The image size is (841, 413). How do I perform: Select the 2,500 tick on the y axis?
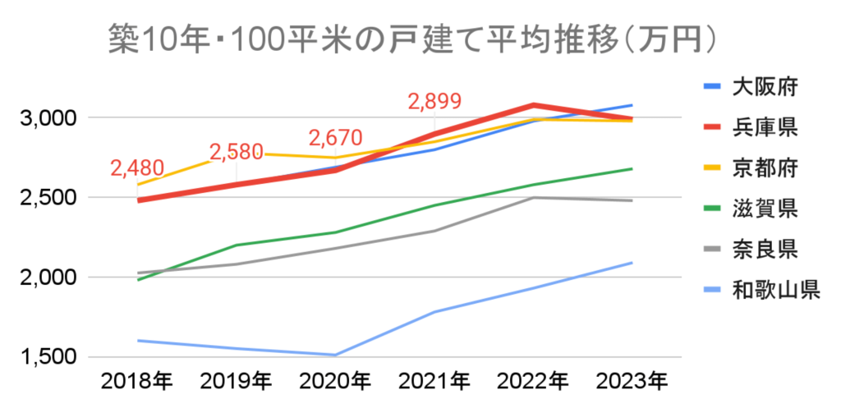coord(48,198)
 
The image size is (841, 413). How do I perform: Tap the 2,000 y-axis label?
coord(48,278)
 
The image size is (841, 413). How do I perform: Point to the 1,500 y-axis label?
coord(48,358)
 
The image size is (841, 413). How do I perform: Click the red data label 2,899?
coord(435,103)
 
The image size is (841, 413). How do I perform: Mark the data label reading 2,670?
coord(335,138)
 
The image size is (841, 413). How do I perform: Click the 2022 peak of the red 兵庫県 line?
coord(533,105)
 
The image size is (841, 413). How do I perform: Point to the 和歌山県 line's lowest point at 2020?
coord(335,355)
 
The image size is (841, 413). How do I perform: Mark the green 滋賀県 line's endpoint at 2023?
coord(631,169)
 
